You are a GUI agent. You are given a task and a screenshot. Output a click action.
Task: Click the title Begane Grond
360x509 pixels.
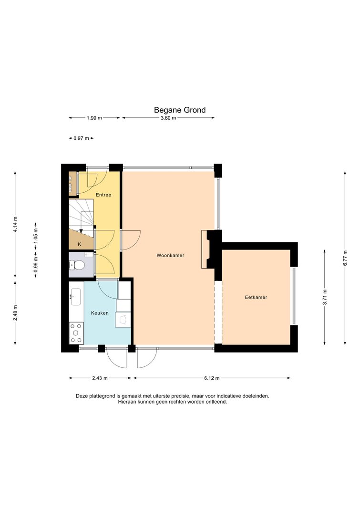click(180, 110)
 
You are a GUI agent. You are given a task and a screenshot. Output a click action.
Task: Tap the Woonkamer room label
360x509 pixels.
click(170, 256)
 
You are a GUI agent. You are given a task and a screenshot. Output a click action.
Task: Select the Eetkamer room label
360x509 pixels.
click(256, 297)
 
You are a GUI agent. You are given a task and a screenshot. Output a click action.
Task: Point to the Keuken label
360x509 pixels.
click(100, 313)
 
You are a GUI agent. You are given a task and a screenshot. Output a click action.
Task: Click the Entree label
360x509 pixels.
click(103, 195)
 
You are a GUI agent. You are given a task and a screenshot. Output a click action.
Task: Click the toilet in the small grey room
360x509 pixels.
click(77, 266)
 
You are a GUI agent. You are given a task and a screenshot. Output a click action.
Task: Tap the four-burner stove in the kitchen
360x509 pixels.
click(77, 332)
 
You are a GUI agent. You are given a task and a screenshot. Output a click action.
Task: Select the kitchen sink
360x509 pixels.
click(76, 297)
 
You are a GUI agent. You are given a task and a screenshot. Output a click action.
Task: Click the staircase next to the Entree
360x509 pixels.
click(81, 216)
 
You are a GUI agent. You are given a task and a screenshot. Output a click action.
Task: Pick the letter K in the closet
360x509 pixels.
click(80, 244)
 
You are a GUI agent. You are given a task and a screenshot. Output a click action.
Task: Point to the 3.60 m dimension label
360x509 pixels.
click(168, 118)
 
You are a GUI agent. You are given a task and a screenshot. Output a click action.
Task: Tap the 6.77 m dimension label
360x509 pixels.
click(345, 258)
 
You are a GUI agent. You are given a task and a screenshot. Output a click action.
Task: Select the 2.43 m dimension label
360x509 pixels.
click(100, 378)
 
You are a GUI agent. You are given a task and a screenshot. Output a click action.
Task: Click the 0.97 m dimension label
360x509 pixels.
click(81, 138)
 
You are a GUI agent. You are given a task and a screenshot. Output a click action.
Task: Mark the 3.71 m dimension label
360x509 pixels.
click(325, 297)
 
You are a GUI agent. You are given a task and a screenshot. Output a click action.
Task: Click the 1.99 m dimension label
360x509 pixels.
click(94, 118)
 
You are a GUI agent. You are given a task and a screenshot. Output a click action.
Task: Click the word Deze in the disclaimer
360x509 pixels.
click(82, 396)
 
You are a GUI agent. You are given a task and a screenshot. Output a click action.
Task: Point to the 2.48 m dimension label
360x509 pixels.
click(15, 313)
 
